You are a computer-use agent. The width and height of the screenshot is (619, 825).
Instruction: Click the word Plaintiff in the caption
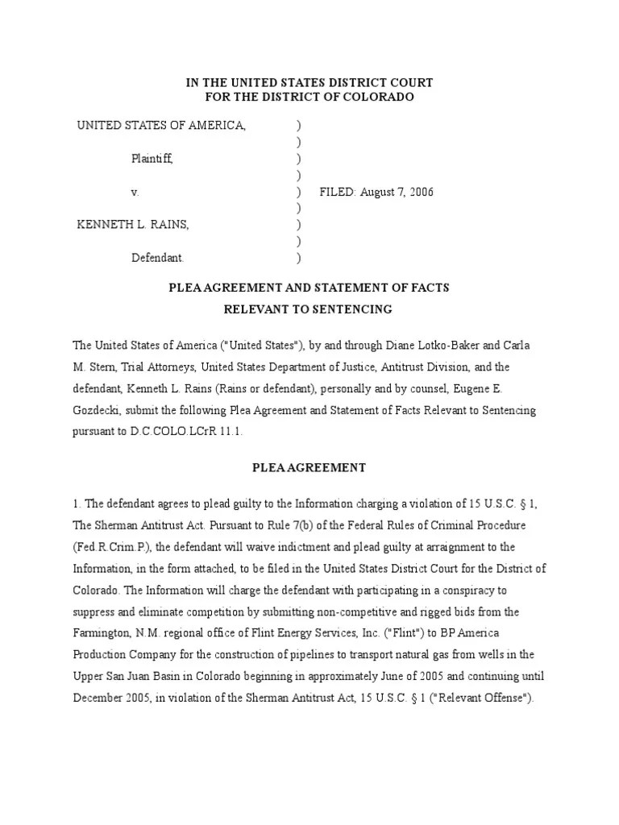pos(152,160)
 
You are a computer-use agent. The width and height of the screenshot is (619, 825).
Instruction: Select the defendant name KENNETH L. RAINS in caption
pos(133,225)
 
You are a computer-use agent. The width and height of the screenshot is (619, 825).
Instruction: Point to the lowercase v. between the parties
pos(135,193)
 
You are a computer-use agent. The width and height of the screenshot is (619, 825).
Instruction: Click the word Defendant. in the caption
pos(158,259)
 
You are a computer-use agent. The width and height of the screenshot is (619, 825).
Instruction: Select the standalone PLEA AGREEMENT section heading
pos(309,467)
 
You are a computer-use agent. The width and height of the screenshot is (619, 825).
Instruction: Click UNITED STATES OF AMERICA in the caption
pos(161,126)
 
